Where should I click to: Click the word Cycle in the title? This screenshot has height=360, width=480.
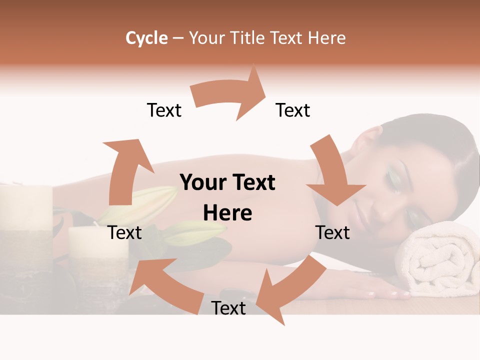[x=146, y=38]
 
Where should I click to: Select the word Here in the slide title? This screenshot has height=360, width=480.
[x=327, y=38]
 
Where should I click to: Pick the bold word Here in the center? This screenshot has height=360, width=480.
[x=227, y=213]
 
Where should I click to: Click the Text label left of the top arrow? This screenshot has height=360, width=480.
[x=164, y=110]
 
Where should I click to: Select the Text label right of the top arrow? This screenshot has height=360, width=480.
[x=293, y=110]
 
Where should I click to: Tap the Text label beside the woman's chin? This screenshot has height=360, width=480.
[x=333, y=233]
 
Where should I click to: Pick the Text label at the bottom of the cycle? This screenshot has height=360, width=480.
[x=228, y=308]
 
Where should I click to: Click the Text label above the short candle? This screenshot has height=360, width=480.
[x=125, y=233]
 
